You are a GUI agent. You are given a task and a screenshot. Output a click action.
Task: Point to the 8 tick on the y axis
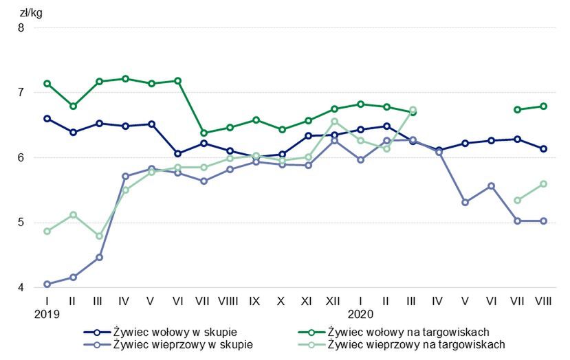pos(21,28)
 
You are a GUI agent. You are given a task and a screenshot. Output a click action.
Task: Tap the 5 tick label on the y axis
pos(21,223)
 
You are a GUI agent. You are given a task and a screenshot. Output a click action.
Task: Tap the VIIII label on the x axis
pos(230,301)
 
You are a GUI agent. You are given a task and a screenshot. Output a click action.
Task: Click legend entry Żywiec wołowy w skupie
pos(174,332)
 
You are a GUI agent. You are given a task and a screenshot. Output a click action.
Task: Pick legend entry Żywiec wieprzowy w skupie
pos(182,345)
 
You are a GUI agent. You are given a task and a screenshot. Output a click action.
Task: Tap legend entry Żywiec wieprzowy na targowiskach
pos(416,345)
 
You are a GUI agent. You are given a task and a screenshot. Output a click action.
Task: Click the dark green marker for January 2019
pos(47,84)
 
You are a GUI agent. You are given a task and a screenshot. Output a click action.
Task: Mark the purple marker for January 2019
pos(47,284)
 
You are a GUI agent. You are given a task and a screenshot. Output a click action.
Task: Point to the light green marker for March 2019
pos(99,236)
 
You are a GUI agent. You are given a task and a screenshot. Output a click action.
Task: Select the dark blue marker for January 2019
pos(47,118)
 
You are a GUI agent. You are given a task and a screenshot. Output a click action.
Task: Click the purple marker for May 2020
pos(465,202)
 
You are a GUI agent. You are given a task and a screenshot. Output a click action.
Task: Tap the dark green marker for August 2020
pos(543,106)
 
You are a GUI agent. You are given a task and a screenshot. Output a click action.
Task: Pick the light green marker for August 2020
pos(543,183)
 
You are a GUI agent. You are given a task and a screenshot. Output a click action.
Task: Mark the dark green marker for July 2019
pos(204,133)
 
